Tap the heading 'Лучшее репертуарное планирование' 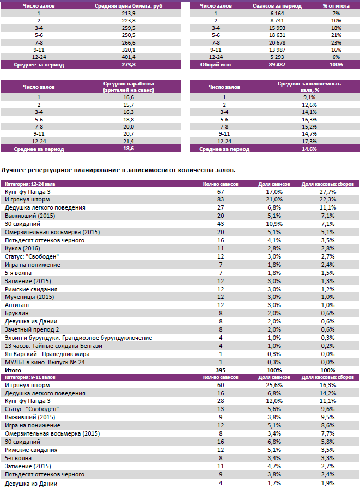119,170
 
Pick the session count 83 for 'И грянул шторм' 221,200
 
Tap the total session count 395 221,370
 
